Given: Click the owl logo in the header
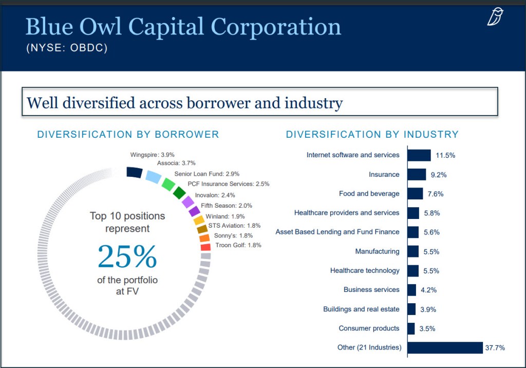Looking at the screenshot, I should (x=496, y=17).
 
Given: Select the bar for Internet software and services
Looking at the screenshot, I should (x=419, y=155).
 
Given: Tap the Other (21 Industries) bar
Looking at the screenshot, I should (x=445, y=347).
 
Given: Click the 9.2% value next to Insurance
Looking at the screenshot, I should (x=438, y=175).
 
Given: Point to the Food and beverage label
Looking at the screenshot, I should (x=369, y=194).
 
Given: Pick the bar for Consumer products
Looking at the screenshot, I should (x=411, y=328).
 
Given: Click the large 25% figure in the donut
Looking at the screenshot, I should (x=127, y=257).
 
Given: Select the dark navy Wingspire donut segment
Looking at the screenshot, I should (x=134, y=173).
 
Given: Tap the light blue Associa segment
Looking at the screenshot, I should (x=153, y=177).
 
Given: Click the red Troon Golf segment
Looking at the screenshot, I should (x=205, y=247).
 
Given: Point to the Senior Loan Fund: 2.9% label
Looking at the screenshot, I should (x=206, y=174).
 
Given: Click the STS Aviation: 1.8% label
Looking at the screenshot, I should (x=234, y=226).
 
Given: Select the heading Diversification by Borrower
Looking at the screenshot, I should (x=128, y=135).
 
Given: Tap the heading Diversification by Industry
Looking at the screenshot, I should (x=372, y=135).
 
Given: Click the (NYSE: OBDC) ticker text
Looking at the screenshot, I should (x=67, y=49).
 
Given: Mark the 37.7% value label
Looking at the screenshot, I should (x=495, y=348).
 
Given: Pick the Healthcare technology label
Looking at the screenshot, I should (x=364, y=270).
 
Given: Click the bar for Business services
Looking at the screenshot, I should (x=411, y=290).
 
